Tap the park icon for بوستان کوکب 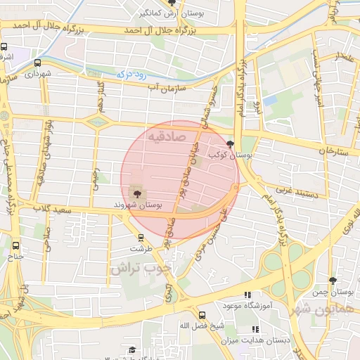point(231,143)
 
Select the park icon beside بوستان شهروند point(136,193)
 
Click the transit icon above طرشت point(136,238)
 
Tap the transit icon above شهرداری point(37,63)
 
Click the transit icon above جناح point(15,245)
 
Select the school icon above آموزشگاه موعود point(247,295)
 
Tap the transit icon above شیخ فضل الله point(202,315)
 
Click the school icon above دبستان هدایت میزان point(255,329)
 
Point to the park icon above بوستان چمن point(333,280)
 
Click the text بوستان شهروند point(139,205)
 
